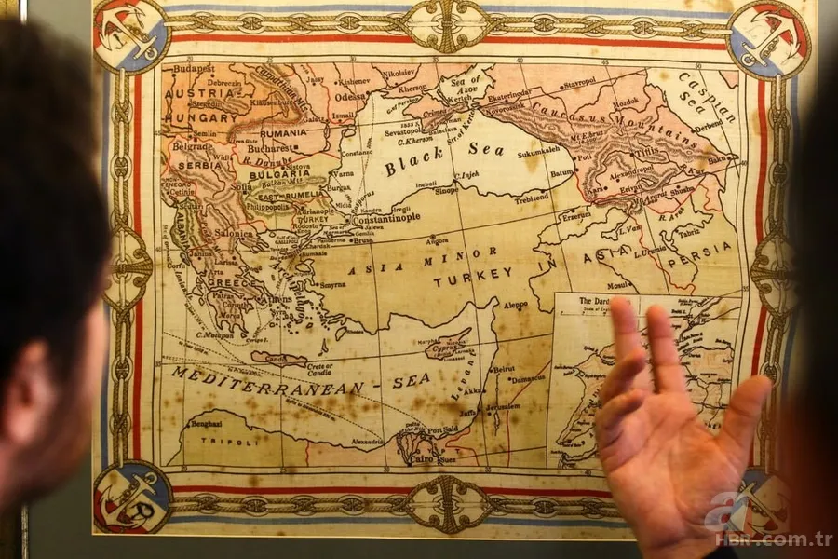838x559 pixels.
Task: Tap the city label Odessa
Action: [x=352, y=95]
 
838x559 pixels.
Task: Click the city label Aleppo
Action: [x=514, y=305]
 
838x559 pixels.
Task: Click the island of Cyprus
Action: [x=448, y=348]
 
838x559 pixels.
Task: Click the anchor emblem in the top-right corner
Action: [x=769, y=38]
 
